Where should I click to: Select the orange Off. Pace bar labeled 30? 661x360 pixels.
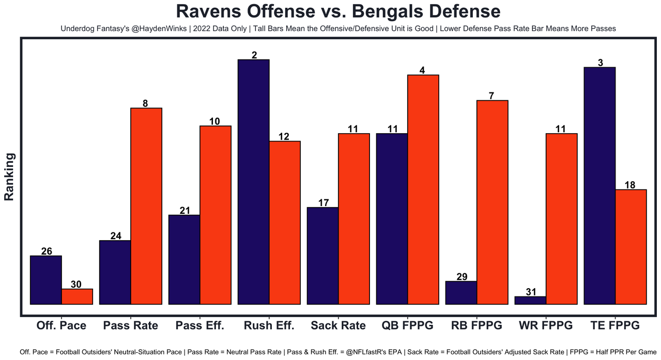[x=77, y=296]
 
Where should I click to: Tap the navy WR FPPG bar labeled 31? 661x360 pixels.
[x=530, y=300]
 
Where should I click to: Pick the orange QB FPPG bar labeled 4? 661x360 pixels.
[x=423, y=190]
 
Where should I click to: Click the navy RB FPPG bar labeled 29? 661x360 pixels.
[x=461, y=293]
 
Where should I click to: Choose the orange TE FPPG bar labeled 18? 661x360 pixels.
[x=631, y=247]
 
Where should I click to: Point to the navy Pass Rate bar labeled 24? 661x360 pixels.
[x=115, y=272]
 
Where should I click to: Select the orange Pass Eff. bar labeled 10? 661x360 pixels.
[x=215, y=215]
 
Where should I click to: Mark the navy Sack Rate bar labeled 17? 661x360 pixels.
[x=322, y=256]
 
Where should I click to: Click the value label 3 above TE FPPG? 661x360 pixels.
[x=600, y=62]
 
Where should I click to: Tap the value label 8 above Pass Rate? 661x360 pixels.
[x=146, y=103]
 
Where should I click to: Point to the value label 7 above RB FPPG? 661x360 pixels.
[x=492, y=96]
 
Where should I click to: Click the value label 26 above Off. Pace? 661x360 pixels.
[x=46, y=251]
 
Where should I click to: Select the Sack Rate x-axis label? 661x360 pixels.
[x=338, y=325]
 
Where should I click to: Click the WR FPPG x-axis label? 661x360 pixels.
[x=546, y=325]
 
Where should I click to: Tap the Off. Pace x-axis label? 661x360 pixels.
[x=61, y=325]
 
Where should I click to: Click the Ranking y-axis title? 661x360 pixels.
[x=9, y=177]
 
